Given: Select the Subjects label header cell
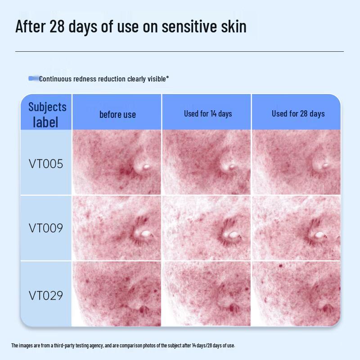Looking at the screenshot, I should (47, 114).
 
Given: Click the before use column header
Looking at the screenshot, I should (117, 115).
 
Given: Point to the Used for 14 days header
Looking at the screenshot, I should (207, 113).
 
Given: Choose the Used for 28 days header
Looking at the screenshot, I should (298, 113).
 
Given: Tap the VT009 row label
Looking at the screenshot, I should (46, 228).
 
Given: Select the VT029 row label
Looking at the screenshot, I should (46, 296).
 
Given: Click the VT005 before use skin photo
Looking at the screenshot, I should (117, 162).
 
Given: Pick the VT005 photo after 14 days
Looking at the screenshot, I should (207, 162).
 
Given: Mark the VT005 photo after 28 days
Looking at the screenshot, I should (296, 162).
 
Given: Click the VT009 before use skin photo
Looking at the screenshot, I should (117, 228).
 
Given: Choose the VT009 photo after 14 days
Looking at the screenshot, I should (207, 228).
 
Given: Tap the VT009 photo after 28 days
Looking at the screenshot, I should (296, 228).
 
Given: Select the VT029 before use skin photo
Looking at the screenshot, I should (117, 293).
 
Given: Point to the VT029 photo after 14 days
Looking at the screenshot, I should (207, 293).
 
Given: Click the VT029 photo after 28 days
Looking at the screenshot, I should (296, 293).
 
